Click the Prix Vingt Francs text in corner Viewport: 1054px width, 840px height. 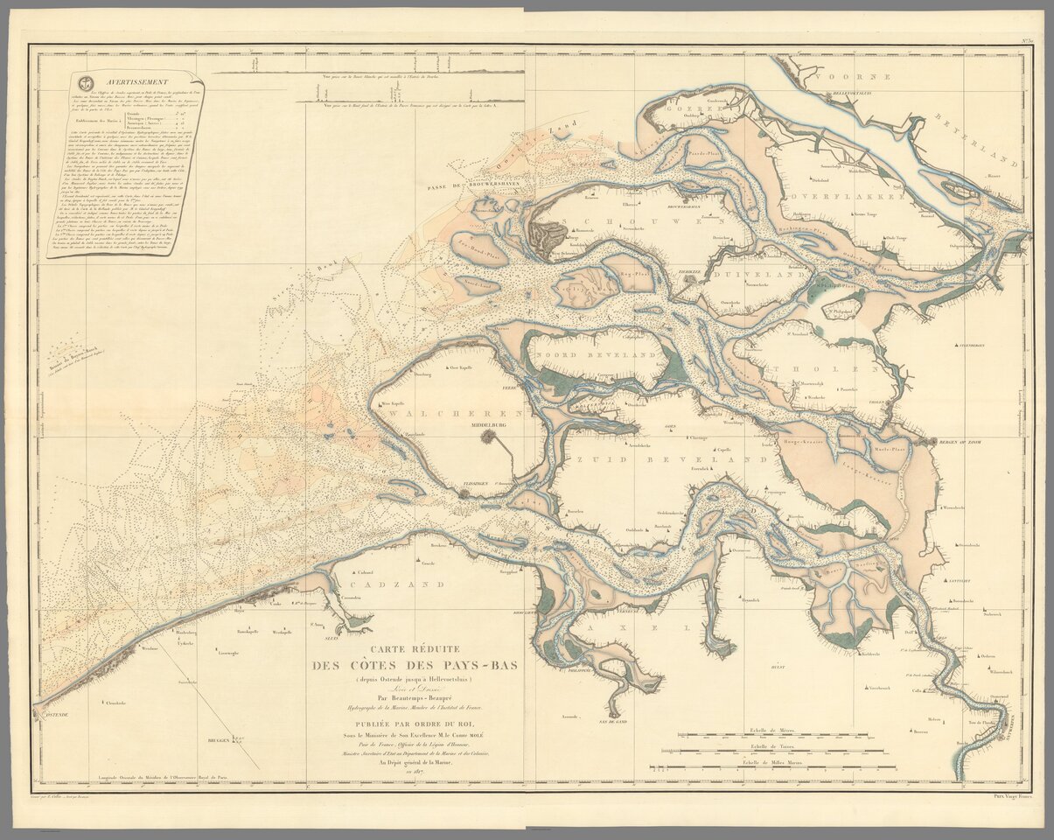point(1013,795)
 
